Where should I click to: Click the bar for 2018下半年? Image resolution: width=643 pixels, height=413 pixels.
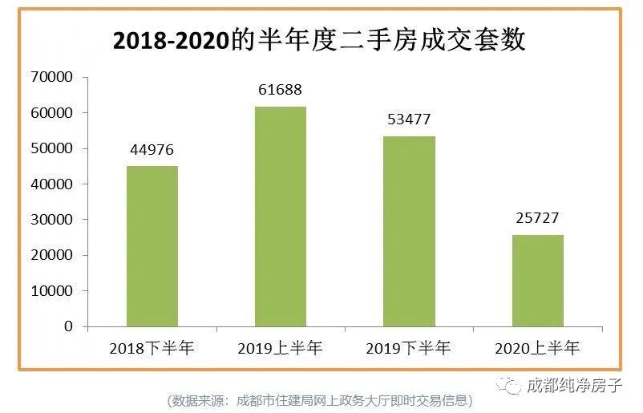[152, 246]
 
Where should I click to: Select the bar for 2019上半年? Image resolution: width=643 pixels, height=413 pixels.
[281, 217]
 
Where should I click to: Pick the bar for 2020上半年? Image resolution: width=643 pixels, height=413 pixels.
[539, 281]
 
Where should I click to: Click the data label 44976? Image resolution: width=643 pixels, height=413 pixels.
[152, 150]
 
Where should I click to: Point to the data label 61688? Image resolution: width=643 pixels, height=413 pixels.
[281, 90]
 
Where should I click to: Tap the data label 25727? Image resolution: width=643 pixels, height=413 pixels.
[538, 218]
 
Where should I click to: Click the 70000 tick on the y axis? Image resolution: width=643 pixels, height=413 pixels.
[51, 77]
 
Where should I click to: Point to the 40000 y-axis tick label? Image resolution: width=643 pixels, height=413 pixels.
[51, 184]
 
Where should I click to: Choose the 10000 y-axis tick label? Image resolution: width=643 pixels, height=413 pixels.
[51, 290]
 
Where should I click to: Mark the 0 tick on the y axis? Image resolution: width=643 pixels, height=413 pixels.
[68, 326]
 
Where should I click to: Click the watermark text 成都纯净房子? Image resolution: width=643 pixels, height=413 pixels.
[574, 385]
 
